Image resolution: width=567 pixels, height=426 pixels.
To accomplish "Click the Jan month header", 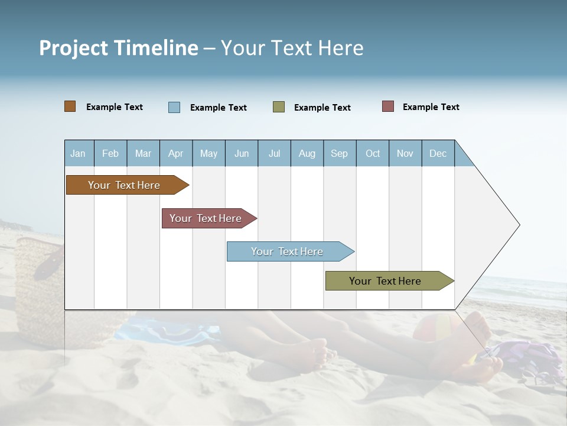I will (79, 153).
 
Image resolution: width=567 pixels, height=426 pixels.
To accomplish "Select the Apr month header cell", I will (176, 153).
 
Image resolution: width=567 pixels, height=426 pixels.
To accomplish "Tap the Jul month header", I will (274, 153).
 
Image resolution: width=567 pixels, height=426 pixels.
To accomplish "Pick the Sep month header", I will (340, 153).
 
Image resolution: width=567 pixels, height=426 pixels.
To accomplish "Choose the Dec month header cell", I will (438, 153).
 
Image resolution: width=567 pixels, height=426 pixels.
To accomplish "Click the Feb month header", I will (110, 153).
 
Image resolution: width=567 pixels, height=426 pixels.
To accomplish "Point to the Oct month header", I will (373, 153).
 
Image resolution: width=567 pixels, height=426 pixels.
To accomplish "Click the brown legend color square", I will (70, 106).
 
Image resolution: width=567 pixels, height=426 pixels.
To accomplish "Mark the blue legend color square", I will (174, 107).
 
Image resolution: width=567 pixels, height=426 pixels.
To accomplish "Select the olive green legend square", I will (279, 107).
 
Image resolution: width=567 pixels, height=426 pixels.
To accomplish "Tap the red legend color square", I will (388, 106).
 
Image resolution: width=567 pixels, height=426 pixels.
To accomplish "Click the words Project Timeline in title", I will (119, 48).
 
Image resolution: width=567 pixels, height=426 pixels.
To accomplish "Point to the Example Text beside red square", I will (431, 107).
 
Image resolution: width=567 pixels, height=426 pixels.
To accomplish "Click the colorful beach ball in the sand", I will (437, 328).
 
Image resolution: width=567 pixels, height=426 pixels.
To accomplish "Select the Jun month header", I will (242, 153).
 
